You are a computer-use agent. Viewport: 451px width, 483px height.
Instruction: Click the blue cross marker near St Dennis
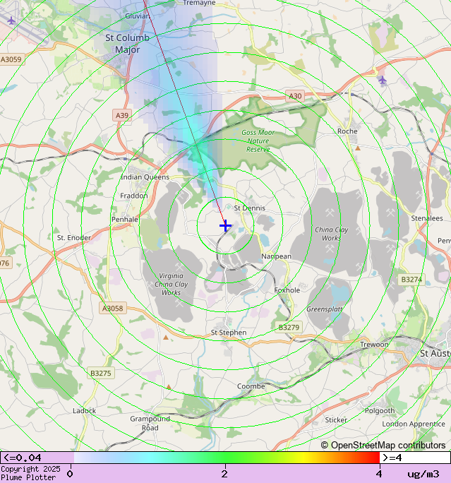pyautogui.click(x=225, y=225)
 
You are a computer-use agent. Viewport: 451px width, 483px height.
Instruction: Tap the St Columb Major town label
pyautogui.click(x=127, y=44)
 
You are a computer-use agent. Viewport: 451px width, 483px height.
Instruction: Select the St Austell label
pyautogui.click(x=434, y=353)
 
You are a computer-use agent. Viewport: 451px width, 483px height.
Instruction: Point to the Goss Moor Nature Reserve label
pyautogui.click(x=258, y=141)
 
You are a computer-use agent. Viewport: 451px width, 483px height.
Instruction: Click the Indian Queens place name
pyautogui.click(x=145, y=177)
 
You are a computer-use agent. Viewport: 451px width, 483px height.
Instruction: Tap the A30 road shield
pyautogui.click(x=295, y=96)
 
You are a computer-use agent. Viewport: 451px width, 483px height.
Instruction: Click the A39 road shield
pyautogui.click(x=122, y=115)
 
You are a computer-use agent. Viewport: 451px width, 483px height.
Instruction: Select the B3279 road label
pyautogui.click(x=289, y=327)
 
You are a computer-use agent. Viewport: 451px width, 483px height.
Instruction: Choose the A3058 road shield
pyautogui.click(x=112, y=308)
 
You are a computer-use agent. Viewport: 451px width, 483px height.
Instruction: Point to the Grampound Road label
pyautogui.click(x=150, y=423)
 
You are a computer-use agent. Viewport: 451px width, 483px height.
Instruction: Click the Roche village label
pyautogui.click(x=347, y=131)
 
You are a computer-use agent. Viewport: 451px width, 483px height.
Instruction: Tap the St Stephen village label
pyautogui.click(x=229, y=333)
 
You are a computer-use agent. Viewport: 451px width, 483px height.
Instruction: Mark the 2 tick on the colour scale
pyautogui.click(x=224, y=474)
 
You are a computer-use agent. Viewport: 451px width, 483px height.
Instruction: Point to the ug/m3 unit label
pyautogui.click(x=423, y=474)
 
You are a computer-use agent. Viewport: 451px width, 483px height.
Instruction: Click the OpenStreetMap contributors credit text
pyautogui.click(x=383, y=445)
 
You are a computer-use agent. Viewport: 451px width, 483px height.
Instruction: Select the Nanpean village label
pyautogui.click(x=276, y=256)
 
